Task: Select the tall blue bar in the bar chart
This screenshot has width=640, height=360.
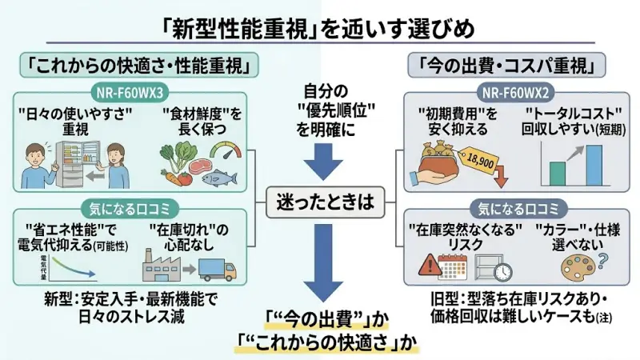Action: coord(594,163)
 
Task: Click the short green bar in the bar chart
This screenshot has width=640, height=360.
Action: coord(558,173)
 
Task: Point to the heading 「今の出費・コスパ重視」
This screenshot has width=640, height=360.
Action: coord(507,63)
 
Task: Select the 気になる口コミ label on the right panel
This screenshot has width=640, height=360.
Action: coord(507,210)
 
